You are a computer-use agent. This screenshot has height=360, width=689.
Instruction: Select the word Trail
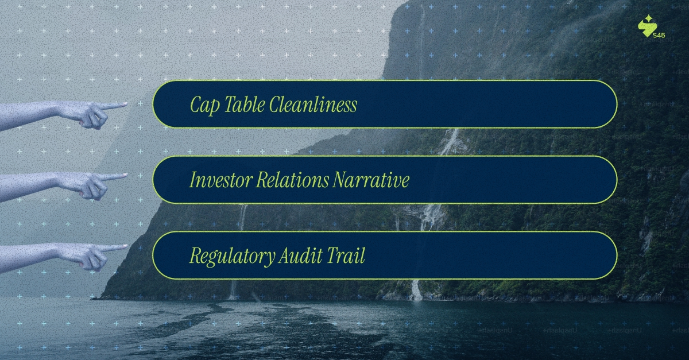coord(347,256)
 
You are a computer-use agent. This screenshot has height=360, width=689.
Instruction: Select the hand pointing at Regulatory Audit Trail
coord(86,254)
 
